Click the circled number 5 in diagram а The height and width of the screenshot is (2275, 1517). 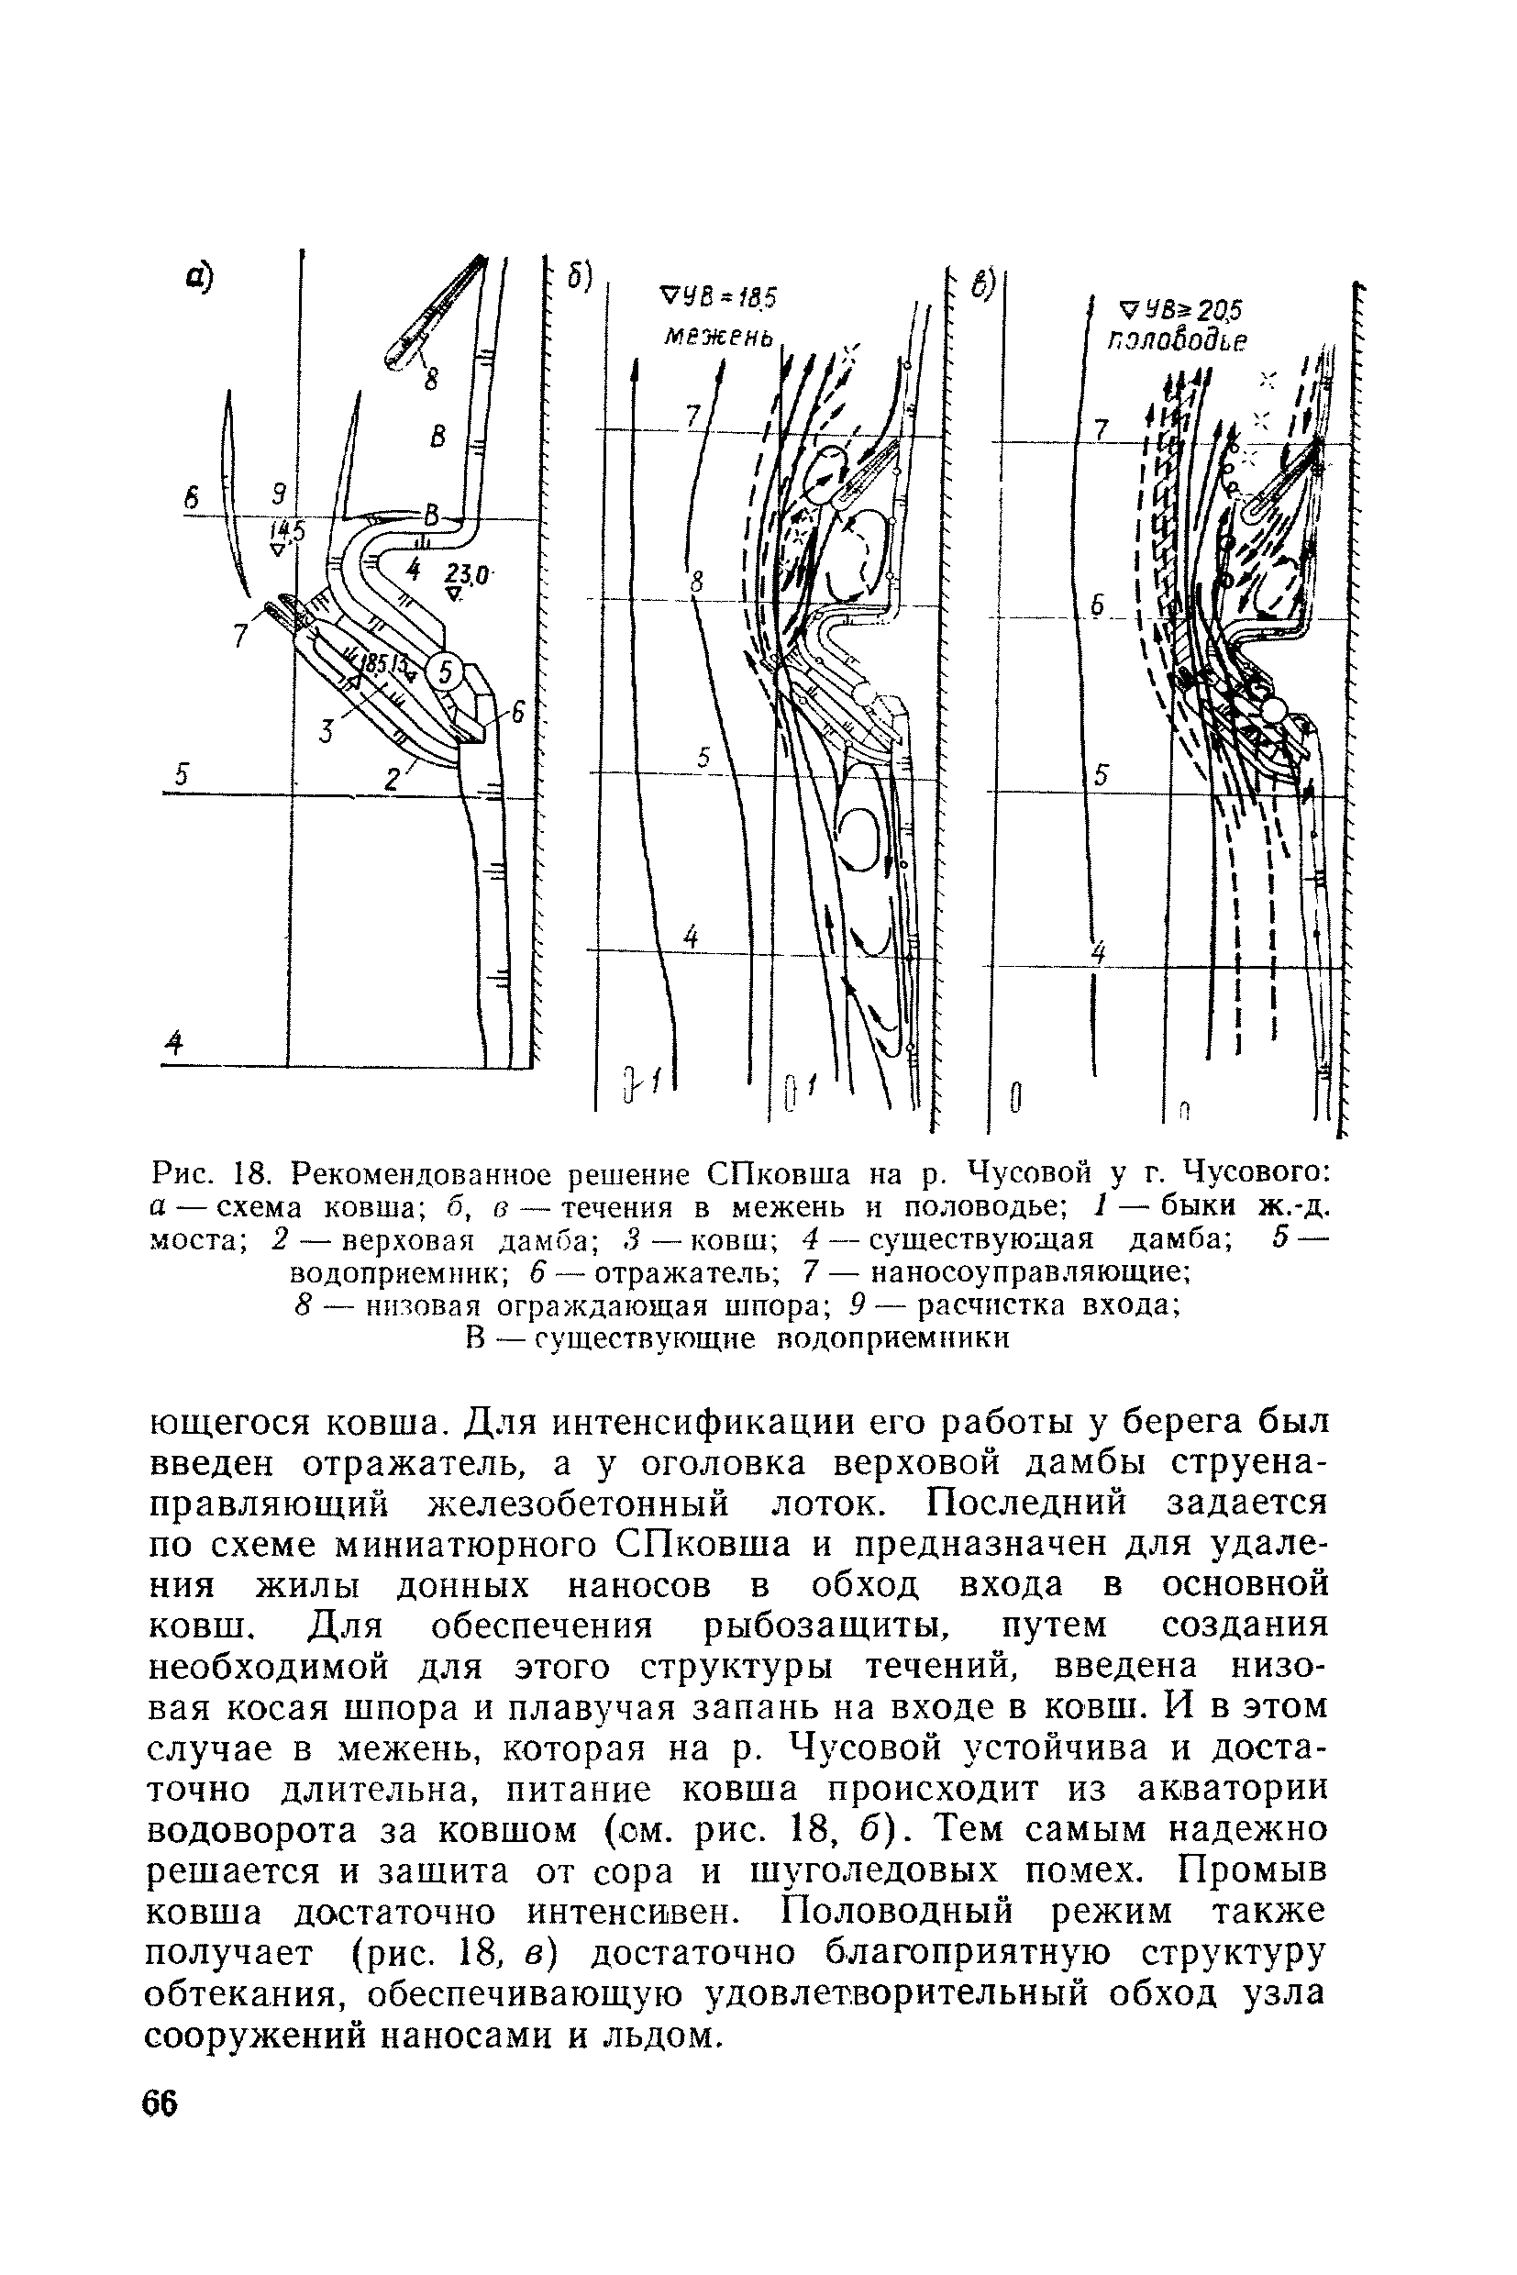coord(444,671)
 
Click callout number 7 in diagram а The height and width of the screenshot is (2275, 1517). coord(241,635)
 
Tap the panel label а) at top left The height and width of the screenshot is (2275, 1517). coord(200,276)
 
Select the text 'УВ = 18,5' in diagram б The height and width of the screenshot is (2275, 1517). coord(725,296)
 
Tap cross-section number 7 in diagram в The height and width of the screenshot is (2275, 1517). coord(1099,427)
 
